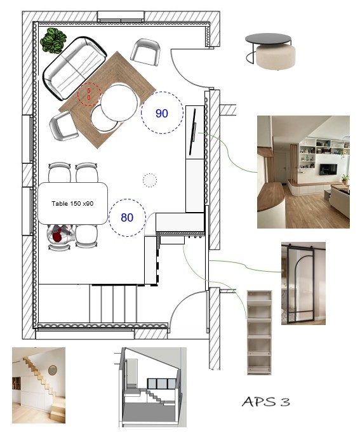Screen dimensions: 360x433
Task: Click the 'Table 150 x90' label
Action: click(72, 204)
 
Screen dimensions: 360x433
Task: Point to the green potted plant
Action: click(53, 41)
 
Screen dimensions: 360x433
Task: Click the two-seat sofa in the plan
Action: click(74, 68)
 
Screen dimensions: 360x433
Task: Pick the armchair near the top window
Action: click(145, 52)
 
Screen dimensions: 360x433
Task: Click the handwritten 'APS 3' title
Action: click(266, 401)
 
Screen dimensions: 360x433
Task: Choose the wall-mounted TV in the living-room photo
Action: click(328, 169)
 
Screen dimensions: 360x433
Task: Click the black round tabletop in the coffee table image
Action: click(268, 39)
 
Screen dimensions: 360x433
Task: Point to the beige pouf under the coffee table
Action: click(276, 57)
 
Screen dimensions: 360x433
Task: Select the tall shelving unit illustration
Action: click(259, 333)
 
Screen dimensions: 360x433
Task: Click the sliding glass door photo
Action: click(303, 283)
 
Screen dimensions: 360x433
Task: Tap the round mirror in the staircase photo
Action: click(53, 370)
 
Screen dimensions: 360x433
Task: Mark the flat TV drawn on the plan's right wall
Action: click(193, 131)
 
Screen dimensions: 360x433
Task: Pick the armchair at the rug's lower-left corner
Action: click(63, 126)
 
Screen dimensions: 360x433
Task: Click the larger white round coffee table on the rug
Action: click(119, 103)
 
